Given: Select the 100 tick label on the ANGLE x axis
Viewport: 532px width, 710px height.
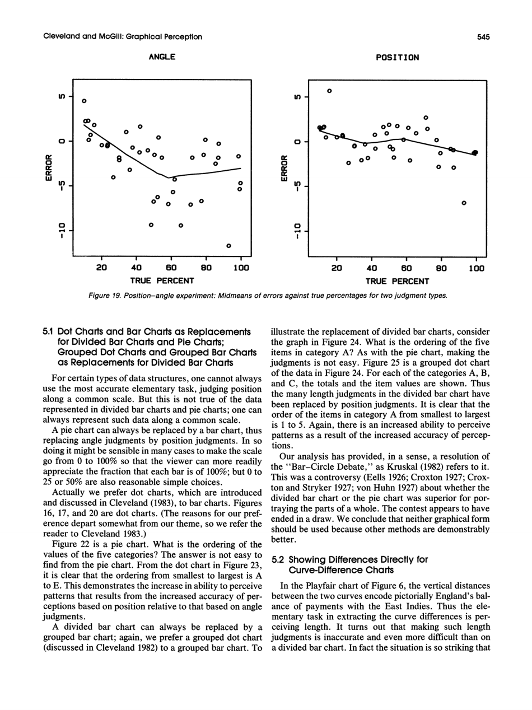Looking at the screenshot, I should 240,268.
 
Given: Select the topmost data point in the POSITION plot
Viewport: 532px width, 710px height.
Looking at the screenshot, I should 329,90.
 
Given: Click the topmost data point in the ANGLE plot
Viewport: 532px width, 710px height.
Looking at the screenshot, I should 83,101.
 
